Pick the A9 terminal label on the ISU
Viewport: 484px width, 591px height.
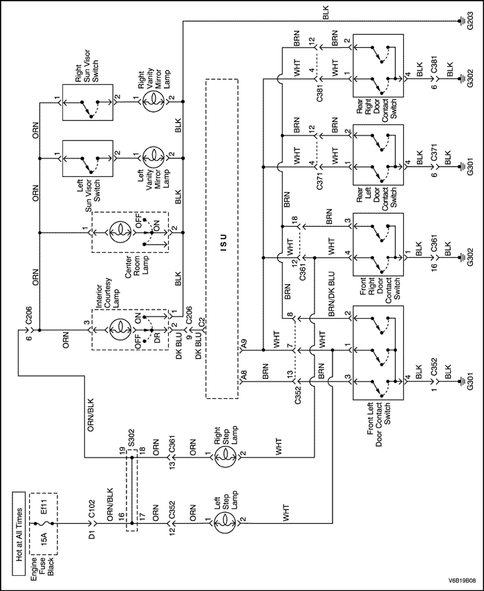pyautogui.click(x=244, y=342)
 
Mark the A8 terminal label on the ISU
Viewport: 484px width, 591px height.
pyautogui.click(x=244, y=378)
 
